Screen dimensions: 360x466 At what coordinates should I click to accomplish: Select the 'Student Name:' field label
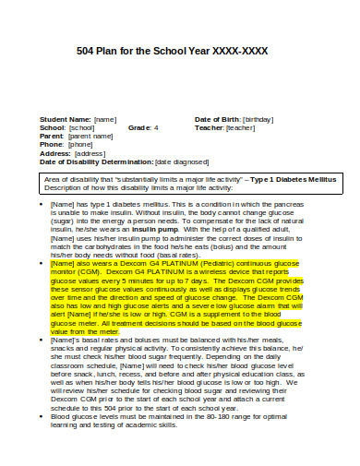click(65, 119)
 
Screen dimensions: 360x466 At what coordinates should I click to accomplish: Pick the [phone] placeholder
click(80, 144)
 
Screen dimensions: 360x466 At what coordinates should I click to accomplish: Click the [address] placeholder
click(90, 152)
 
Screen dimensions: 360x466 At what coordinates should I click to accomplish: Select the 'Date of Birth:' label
click(216, 119)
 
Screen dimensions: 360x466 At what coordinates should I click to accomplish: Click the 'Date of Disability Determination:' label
click(96, 161)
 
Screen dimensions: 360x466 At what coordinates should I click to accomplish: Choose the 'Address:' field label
click(54, 152)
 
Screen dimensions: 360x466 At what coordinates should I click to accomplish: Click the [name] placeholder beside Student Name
click(105, 119)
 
